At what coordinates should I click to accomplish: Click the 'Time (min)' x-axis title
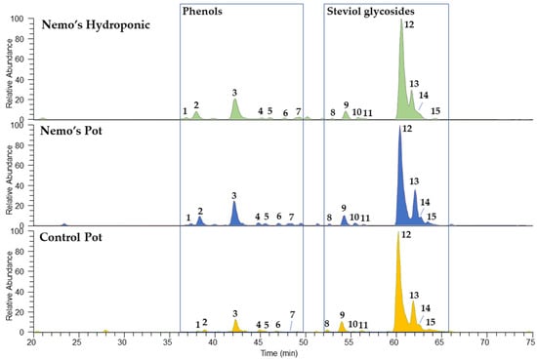(281, 353)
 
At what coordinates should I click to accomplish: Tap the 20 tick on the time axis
(31, 342)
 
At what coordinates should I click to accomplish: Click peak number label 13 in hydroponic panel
(415, 84)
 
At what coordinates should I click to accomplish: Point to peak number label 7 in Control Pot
(292, 314)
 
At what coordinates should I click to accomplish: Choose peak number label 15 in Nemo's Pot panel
(431, 216)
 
